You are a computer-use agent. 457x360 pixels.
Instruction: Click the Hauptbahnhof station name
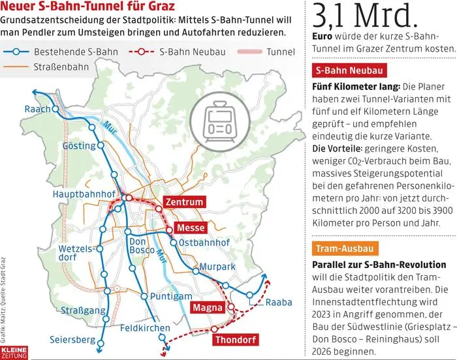tap(87, 194)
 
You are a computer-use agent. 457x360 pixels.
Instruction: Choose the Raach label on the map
tap(37, 110)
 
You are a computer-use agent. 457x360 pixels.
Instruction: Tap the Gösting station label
tap(78, 145)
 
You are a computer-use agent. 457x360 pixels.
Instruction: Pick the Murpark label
tap(217, 267)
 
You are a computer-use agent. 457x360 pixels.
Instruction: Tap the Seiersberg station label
tap(72, 339)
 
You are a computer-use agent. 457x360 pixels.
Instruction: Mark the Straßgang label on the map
tap(82, 311)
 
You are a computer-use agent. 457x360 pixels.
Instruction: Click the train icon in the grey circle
tap(215, 118)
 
